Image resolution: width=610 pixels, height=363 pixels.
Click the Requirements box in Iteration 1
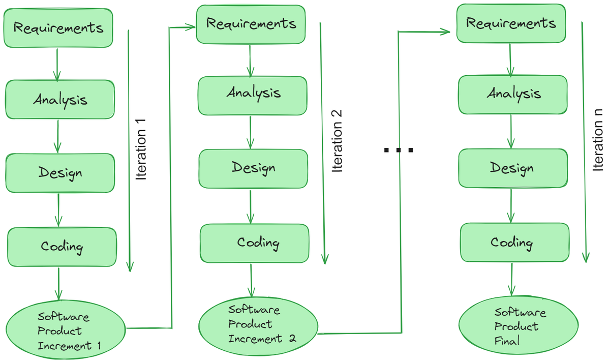pyautogui.click(x=58, y=28)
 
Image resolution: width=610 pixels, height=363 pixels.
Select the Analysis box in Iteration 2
pyautogui.click(x=253, y=95)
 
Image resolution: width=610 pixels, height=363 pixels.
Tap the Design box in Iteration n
pyautogui.click(x=512, y=168)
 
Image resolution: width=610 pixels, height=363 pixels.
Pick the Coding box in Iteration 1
pyautogui.click(x=62, y=247)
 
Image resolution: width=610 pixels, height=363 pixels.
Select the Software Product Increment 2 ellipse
pyautogui.click(x=258, y=324)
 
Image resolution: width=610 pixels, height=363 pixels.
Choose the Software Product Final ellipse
pyautogui.click(x=518, y=326)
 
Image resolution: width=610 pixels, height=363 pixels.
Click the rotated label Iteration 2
pyautogui.click(x=337, y=141)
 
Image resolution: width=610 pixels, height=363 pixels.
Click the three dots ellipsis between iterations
pyautogui.click(x=399, y=150)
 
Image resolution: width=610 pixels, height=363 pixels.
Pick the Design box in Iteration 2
pyautogui.click(x=253, y=168)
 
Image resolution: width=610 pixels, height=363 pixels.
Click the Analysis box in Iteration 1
pyautogui.click(x=60, y=100)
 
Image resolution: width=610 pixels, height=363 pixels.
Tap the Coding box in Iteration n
pyautogui.click(x=514, y=243)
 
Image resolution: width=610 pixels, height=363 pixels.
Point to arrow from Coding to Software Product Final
pyautogui.click(x=512, y=280)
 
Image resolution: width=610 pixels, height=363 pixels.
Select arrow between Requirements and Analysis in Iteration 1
pyautogui.click(x=57, y=64)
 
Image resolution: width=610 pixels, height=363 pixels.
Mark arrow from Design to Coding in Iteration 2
pyautogui.click(x=251, y=206)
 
